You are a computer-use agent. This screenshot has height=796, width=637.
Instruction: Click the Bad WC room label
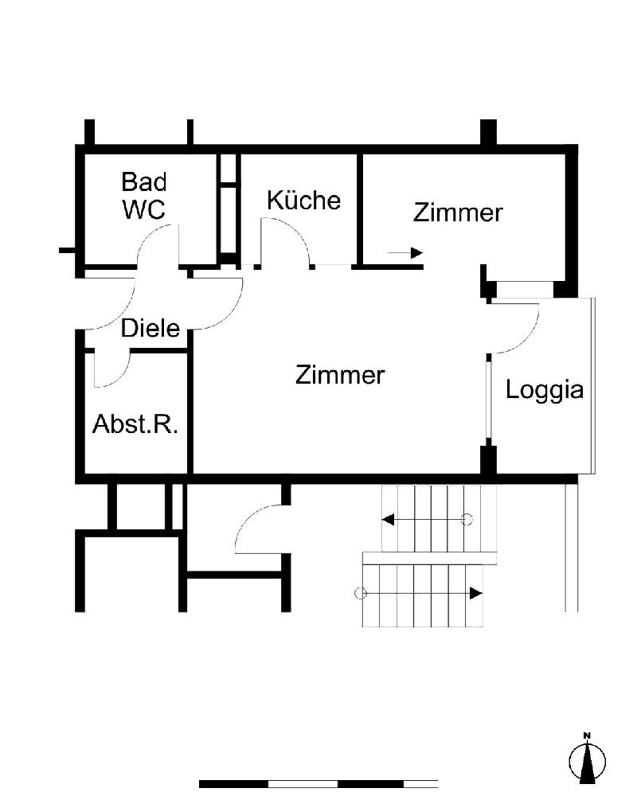(x=144, y=196)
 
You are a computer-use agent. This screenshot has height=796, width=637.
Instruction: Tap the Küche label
(x=303, y=200)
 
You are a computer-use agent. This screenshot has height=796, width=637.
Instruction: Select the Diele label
(x=150, y=328)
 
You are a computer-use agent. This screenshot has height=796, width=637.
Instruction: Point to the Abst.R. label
(x=135, y=423)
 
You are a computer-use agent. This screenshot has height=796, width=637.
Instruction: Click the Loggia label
(x=545, y=390)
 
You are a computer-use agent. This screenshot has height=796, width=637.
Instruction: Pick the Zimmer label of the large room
(x=340, y=375)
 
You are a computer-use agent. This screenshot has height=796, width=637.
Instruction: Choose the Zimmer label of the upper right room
(x=458, y=213)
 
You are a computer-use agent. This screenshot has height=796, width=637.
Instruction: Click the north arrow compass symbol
(x=587, y=759)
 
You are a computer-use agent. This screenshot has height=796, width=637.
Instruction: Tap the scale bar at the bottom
(x=318, y=784)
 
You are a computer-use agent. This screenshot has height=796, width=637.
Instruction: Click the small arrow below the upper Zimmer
(x=405, y=252)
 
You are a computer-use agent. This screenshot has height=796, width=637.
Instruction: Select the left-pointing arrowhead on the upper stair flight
(x=388, y=519)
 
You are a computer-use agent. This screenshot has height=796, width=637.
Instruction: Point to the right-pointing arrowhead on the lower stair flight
(x=476, y=593)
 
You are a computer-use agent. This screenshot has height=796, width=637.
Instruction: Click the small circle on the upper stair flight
(x=467, y=519)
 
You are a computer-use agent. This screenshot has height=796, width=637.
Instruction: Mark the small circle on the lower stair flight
(x=360, y=593)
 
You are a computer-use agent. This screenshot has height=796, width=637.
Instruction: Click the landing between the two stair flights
(x=429, y=558)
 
